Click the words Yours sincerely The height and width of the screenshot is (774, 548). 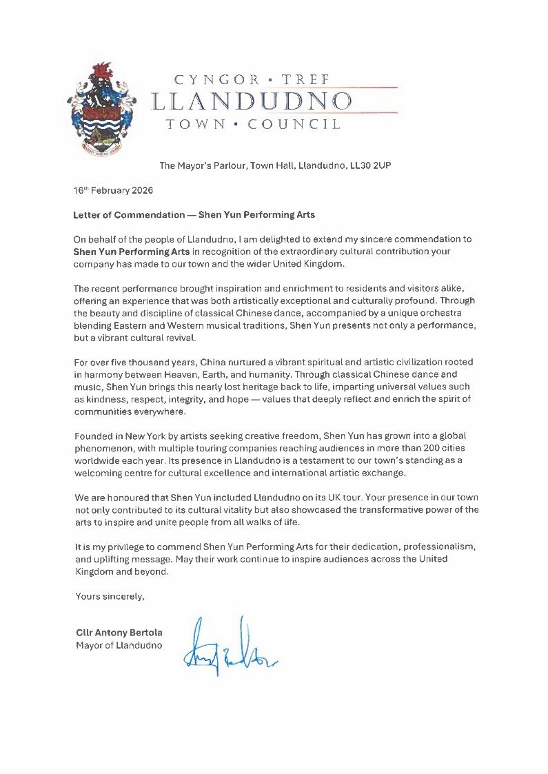(x=110, y=597)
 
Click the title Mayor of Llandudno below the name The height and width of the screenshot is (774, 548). (x=119, y=645)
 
